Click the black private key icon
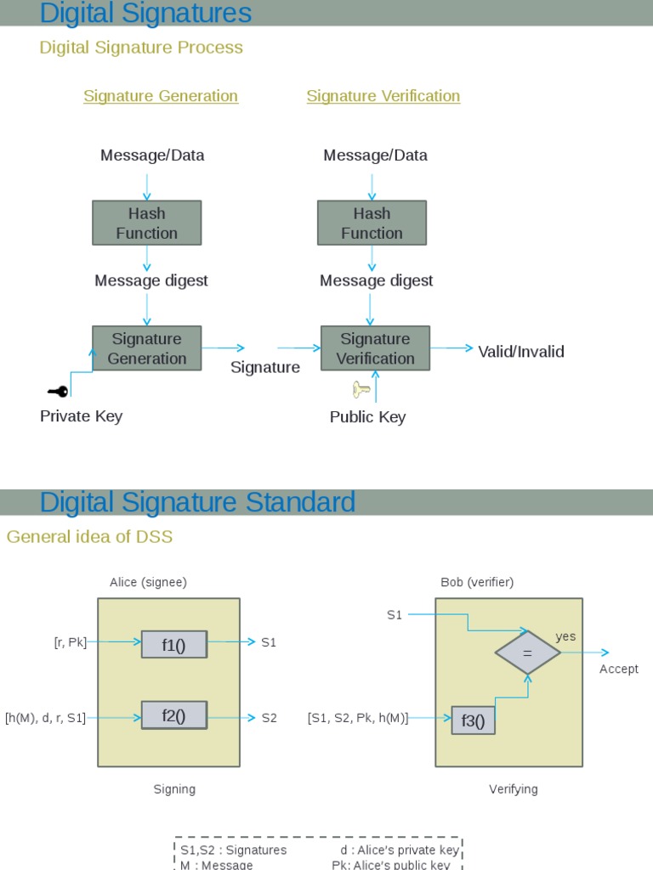tap(58, 392)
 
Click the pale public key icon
tap(361, 390)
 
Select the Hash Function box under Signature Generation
tap(147, 223)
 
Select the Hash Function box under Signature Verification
tap(372, 223)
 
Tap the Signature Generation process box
tap(147, 348)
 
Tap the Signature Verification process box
tap(375, 348)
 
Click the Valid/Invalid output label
tap(520, 352)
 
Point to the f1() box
tap(173, 645)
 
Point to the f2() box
tap(173, 715)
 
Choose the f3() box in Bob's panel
tap(473, 720)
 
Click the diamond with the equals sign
tap(528, 652)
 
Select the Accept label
tap(618, 669)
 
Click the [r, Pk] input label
tap(70, 642)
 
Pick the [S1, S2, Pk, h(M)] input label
tap(358, 718)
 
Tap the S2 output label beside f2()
tap(269, 718)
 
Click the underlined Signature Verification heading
tap(383, 96)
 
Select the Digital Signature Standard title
tap(197, 502)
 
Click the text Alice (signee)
tap(148, 582)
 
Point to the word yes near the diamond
tap(565, 636)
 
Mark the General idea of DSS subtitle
tap(89, 536)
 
